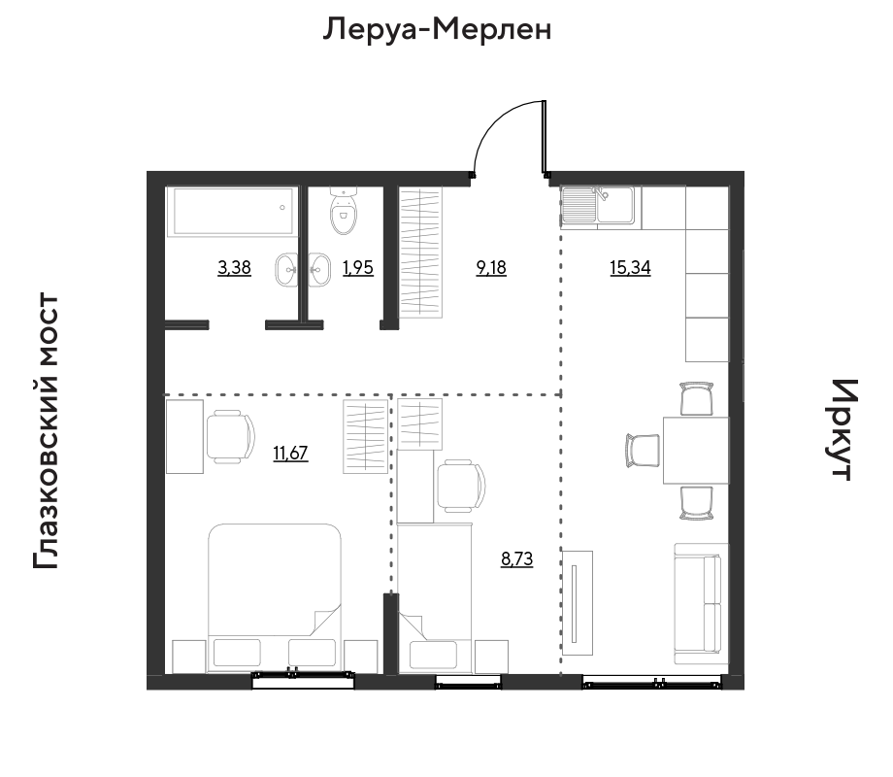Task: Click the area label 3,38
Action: [234, 267]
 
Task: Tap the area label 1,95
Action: [358, 267]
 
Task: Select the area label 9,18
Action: [491, 267]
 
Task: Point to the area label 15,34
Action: [630, 267]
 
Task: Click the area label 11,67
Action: [290, 454]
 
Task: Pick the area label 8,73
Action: [517, 559]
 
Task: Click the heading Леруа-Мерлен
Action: [438, 30]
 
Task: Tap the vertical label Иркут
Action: [841, 430]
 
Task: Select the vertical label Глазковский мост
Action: [47, 431]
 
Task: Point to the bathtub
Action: [232, 212]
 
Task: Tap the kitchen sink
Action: [598, 205]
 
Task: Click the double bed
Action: [275, 597]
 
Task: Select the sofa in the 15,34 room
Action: [701, 603]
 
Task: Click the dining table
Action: [696, 451]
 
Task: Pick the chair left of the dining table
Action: [643, 451]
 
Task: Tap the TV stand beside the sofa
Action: [578, 603]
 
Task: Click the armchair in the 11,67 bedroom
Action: [230, 437]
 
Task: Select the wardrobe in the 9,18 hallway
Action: [421, 253]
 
